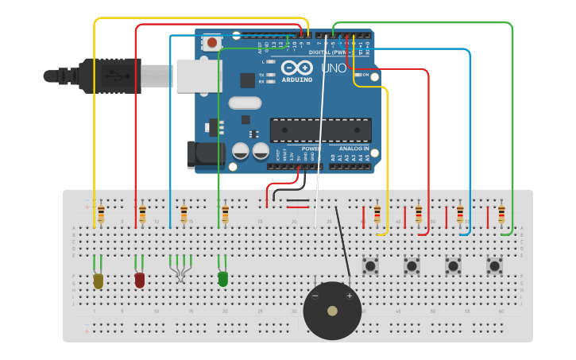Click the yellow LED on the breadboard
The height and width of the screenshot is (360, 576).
click(x=99, y=281)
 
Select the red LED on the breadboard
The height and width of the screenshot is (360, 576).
click(x=140, y=280)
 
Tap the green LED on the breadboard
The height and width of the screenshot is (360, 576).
click(x=222, y=278)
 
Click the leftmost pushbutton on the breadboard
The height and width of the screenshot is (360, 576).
click(x=370, y=265)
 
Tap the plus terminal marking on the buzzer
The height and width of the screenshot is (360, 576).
click(x=349, y=296)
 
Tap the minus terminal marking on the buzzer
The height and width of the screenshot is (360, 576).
click(x=315, y=296)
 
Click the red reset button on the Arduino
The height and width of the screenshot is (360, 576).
click(x=212, y=42)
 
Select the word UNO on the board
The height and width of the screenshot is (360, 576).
click(x=334, y=68)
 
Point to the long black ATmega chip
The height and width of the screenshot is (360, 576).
click(x=320, y=130)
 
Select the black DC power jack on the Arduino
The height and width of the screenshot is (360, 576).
click(x=204, y=154)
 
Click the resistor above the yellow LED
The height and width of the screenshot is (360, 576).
click(x=101, y=214)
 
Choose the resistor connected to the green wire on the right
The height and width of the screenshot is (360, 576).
click(x=501, y=214)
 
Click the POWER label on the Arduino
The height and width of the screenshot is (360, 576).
click(x=311, y=148)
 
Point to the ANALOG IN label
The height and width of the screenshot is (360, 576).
click(x=354, y=148)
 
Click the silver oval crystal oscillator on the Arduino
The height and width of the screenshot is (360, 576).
click(x=245, y=103)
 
